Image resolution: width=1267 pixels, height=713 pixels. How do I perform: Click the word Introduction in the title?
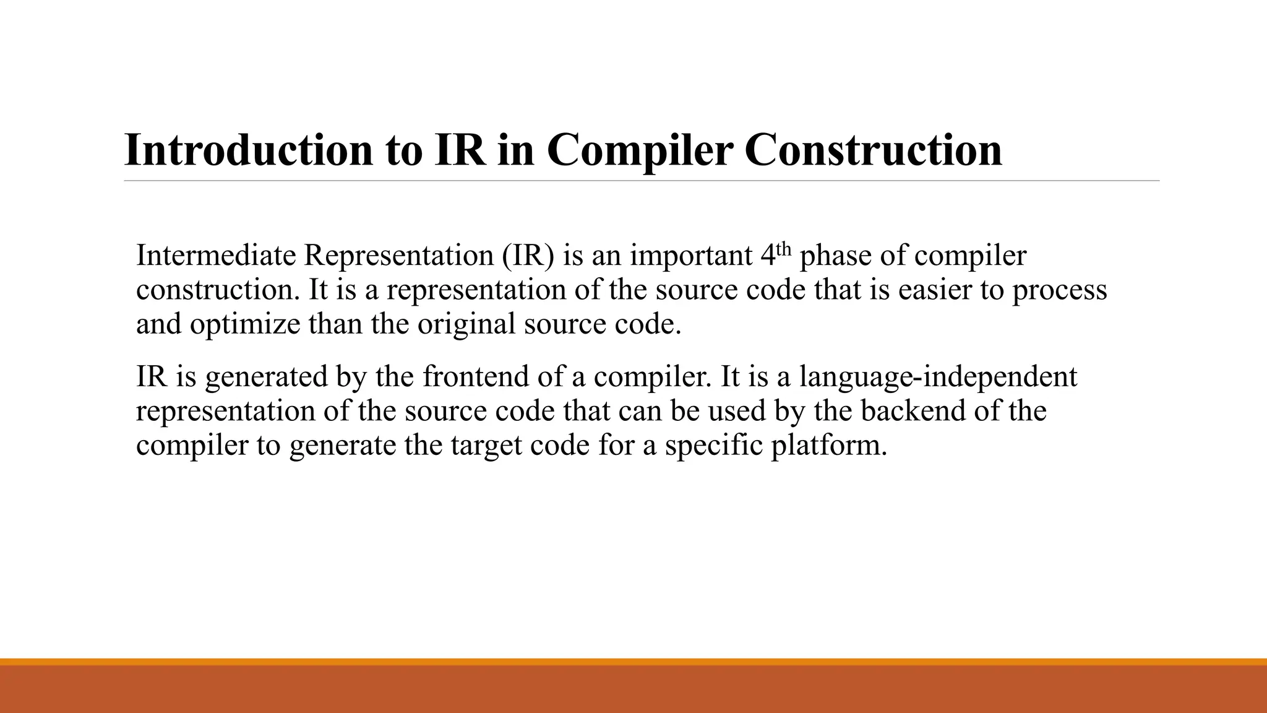pos(249,150)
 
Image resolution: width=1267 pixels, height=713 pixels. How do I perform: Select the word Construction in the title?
pos(873,150)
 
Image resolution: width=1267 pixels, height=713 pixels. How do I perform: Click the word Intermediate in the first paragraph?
pos(216,256)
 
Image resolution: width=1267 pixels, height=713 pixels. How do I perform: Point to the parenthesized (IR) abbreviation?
pos(528,256)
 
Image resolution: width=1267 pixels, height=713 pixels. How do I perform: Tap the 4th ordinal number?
pos(775,254)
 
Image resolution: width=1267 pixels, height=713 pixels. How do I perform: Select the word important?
pos(690,256)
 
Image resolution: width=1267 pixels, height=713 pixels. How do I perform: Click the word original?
pos(466,324)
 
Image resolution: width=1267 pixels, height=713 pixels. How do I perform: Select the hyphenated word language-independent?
pos(938,376)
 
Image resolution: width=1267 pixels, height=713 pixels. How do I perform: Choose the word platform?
pos(828,446)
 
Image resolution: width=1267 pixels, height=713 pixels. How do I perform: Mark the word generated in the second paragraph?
pos(266,376)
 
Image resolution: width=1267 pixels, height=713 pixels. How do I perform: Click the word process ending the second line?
pos(1059,290)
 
